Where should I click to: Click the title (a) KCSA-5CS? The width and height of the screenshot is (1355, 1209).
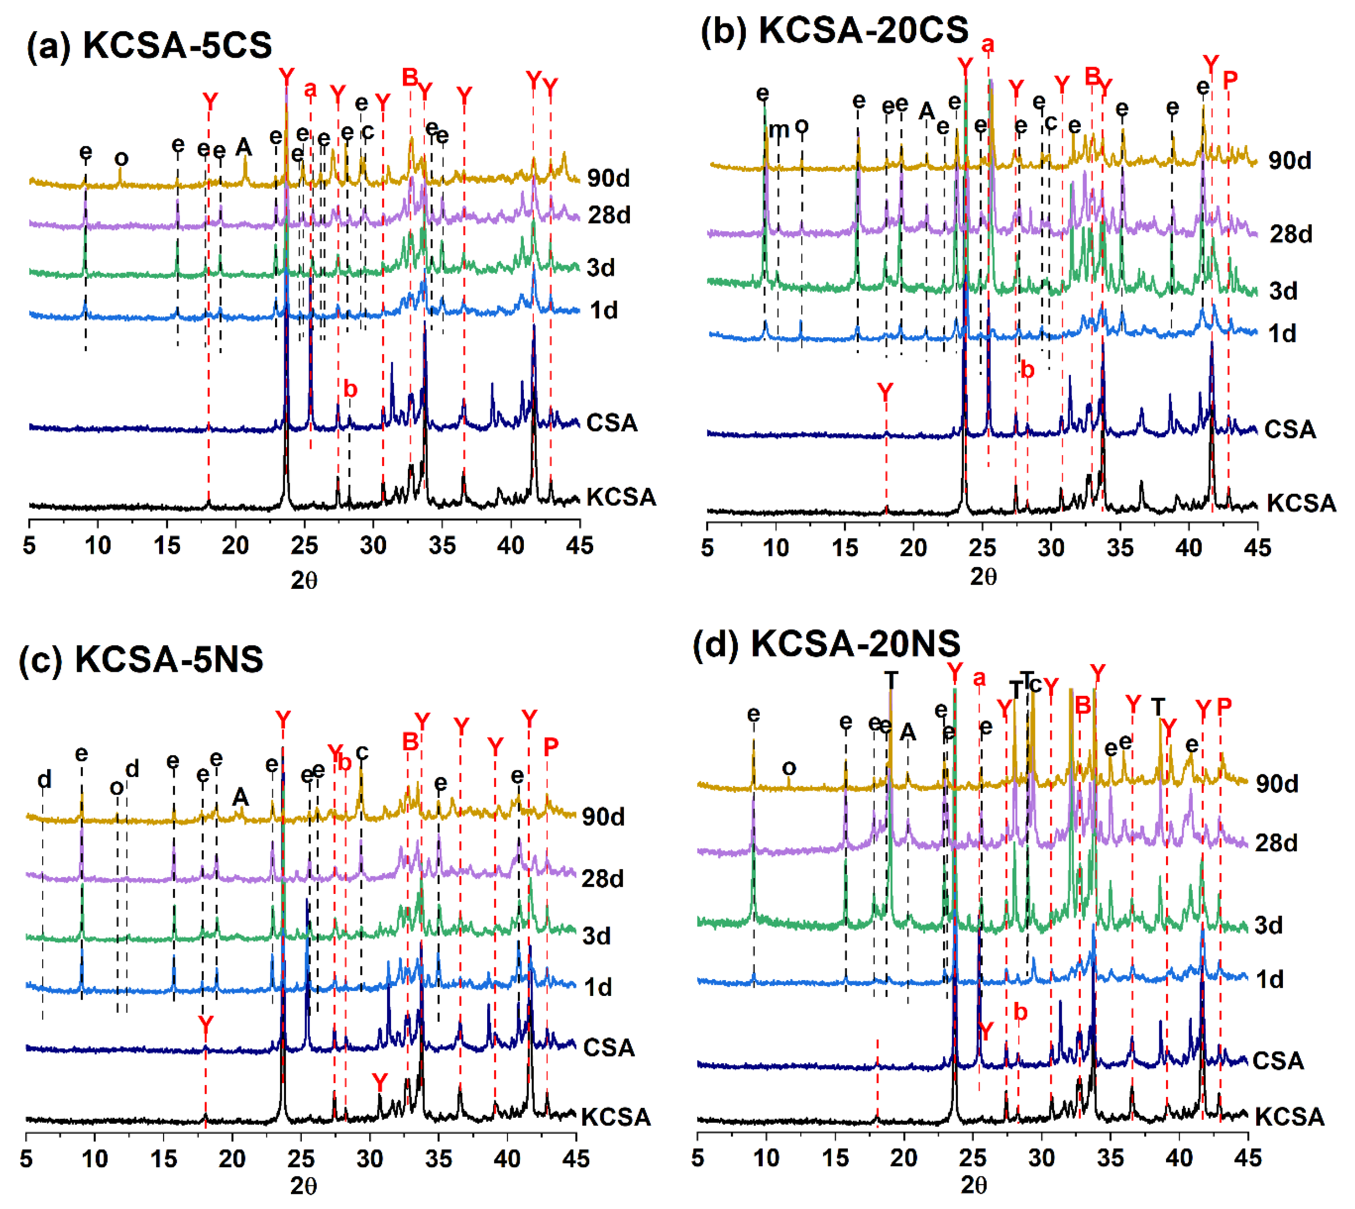(150, 45)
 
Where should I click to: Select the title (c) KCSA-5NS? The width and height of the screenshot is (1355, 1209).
(141, 659)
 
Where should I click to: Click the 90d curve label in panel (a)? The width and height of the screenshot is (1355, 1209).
(609, 178)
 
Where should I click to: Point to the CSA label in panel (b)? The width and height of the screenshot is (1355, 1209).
(1289, 429)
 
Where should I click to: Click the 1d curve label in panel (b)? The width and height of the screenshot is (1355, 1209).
(1282, 334)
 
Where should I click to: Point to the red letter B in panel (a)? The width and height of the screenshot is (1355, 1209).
(410, 78)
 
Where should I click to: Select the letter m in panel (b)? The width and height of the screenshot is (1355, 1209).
(779, 130)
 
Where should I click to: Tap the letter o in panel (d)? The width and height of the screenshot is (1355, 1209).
(789, 768)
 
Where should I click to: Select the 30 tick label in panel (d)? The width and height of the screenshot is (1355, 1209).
(1041, 1157)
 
